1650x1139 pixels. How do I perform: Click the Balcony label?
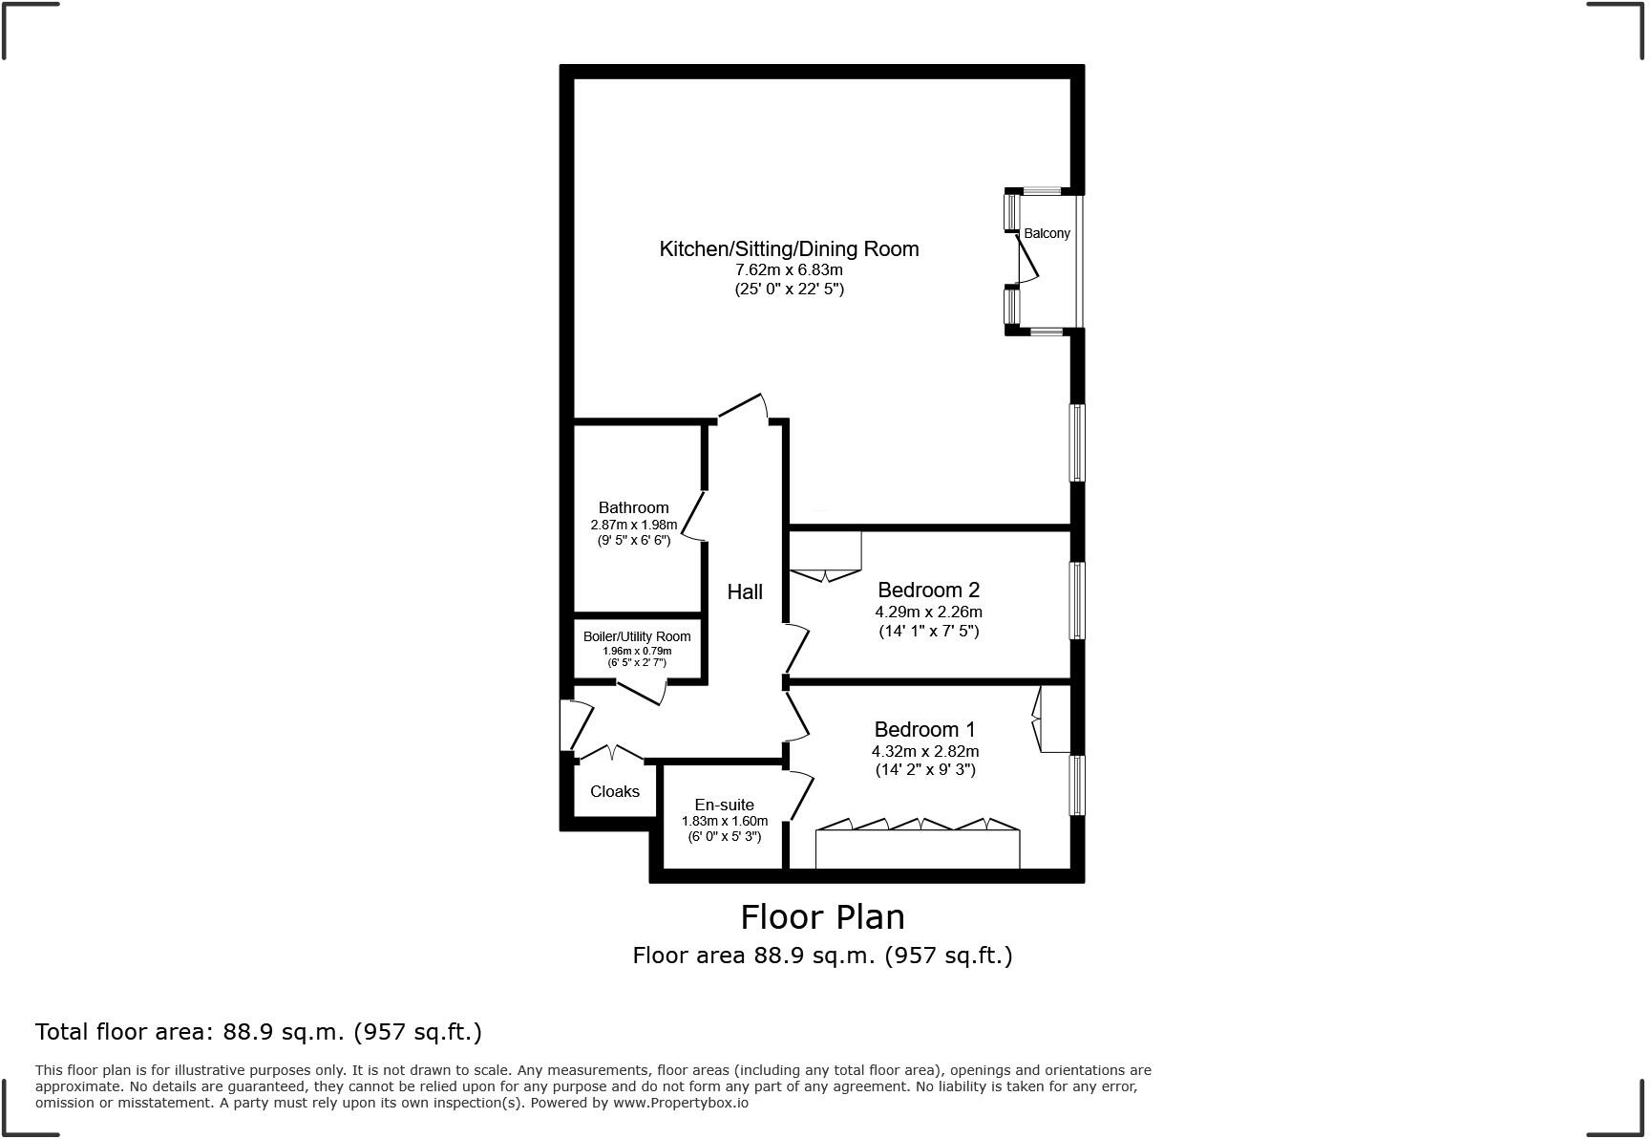click(x=1047, y=233)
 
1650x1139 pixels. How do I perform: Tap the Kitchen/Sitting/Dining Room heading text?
click(x=789, y=249)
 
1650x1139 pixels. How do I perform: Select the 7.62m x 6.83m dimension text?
click(x=789, y=270)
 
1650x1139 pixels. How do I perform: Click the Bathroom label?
click(x=633, y=507)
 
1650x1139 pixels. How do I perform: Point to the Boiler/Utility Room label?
click(x=637, y=636)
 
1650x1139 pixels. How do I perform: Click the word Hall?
click(x=745, y=592)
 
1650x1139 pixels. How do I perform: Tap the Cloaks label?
click(x=615, y=791)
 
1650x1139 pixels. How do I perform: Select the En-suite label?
click(x=724, y=805)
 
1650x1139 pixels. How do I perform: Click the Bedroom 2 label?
click(x=928, y=590)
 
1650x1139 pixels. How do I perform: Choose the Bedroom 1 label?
click(x=924, y=729)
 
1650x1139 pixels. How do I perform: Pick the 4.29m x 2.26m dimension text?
click(x=928, y=612)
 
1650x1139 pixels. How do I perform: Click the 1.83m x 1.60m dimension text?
click(x=724, y=821)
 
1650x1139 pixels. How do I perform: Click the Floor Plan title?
click(x=822, y=917)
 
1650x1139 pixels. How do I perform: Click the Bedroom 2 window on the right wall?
click(x=1077, y=600)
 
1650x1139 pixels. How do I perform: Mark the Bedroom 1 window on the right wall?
click(x=1077, y=785)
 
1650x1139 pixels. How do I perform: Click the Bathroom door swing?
click(x=694, y=517)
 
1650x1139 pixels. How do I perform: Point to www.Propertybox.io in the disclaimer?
click(x=680, y=1103)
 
